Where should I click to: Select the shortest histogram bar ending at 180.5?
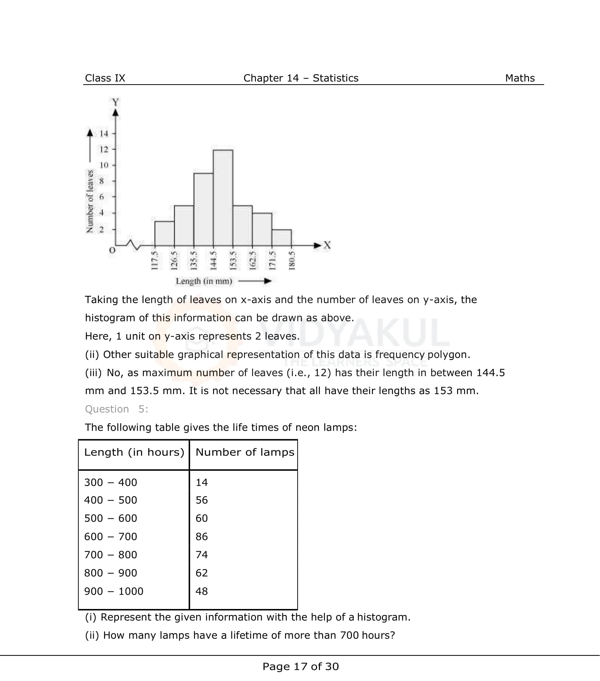click(281, 238)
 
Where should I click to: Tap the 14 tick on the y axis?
click(104, 134)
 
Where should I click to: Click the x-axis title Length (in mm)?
click(204, 281)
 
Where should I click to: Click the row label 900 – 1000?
click(114, 591)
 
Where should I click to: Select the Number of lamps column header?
click(245, 452)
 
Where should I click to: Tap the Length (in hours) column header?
click(134, 452)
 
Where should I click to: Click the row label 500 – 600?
click(110, 518)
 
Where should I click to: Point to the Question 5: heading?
click(116, 409)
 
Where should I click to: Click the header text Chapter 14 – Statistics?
click(301, 78)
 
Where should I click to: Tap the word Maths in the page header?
click(520, 78)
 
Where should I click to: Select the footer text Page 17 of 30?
click(301, 666)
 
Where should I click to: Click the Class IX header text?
click(105, 78)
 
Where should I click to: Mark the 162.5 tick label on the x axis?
click(252, 260)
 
